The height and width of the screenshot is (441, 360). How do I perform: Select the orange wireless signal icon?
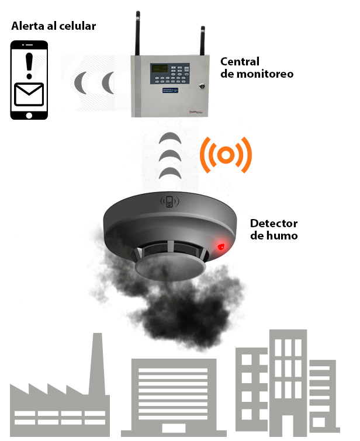[x=226, y=155]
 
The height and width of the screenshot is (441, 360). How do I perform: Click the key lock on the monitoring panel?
[x=202, y=86]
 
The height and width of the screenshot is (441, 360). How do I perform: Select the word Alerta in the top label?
[x=27, y=26]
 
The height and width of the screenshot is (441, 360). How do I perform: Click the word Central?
[x=240, y=62]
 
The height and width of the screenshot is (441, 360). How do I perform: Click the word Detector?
[x=274, y=224]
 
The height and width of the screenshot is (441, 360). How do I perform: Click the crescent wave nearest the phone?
[x=80, y=83]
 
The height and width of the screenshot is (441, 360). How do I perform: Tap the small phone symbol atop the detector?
[x=169, y=202]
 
